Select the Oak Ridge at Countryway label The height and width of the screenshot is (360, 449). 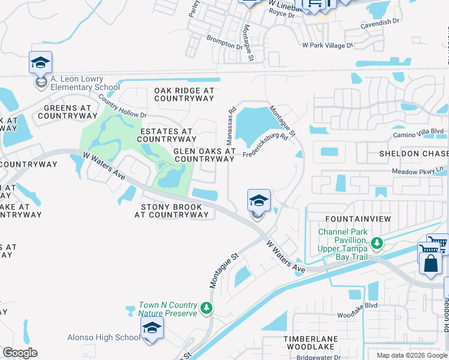tap(184, 94)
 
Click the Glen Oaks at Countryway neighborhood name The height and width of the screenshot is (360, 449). tap(204, 155)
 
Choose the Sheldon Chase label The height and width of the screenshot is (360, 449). tap(414, 154)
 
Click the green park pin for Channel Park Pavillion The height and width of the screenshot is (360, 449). tap(376, 243)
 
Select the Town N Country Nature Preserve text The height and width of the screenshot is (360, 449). tap(167, 309)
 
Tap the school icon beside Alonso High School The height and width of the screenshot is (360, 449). tap(152, 329)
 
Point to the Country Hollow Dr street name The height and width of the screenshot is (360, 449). tap(123, 106)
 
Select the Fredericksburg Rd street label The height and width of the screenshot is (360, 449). tap(266, 145)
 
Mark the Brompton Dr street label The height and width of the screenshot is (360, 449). tap(224, 42)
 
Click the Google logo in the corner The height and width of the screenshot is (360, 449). tap(20, 353)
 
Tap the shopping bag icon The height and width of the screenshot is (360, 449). tap(430, 263)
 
